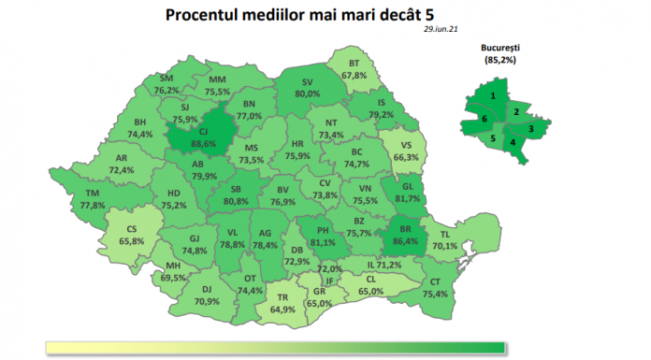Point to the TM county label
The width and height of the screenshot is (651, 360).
[92, 193]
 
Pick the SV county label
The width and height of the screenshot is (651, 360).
[307, 82]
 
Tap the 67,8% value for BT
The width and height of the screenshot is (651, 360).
[354, 75]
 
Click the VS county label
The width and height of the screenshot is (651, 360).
[404, 146]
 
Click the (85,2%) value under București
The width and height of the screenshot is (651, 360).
[500, 59]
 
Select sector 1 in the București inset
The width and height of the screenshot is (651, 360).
[492, 94]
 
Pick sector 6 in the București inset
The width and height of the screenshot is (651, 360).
[485, 120]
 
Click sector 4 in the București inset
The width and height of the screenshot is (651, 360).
[512, 142]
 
